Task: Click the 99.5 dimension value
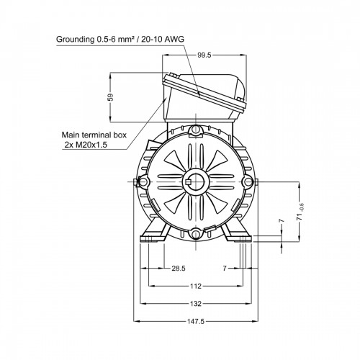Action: (204, 55)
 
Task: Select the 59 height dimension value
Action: (111, 97)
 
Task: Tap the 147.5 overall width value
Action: (196, 321)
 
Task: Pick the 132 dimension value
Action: (196, 304)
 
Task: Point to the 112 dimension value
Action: (196, 286)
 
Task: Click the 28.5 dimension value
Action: (179, 268)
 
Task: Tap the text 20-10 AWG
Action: (163, 39)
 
